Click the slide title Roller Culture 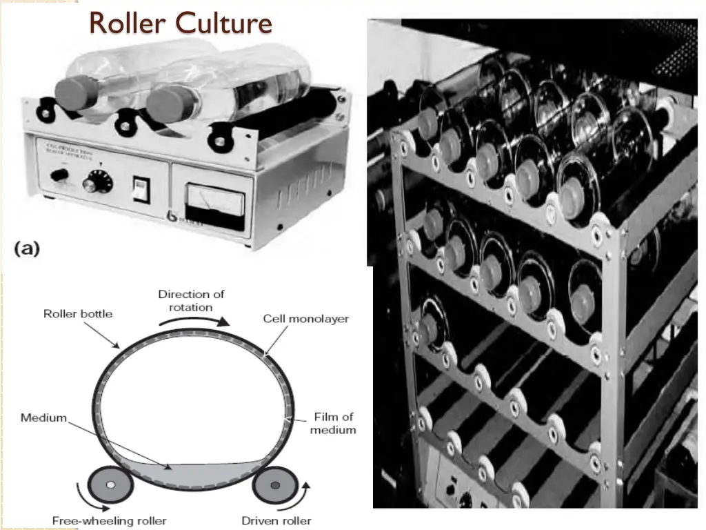click(x=181, y=23)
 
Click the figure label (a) click(x=28, y=249)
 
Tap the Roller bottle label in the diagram click(x=78, y=313)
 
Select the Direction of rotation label click(x=191, y=300)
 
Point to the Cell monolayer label click(x=306, y=319)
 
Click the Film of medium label click(x=333, y=423)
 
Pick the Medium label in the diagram click(x=43, y=418)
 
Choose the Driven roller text click(x=276, y=520)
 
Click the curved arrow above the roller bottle click(x=200, y=320)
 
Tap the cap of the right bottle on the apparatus click(x=165, y=103)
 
